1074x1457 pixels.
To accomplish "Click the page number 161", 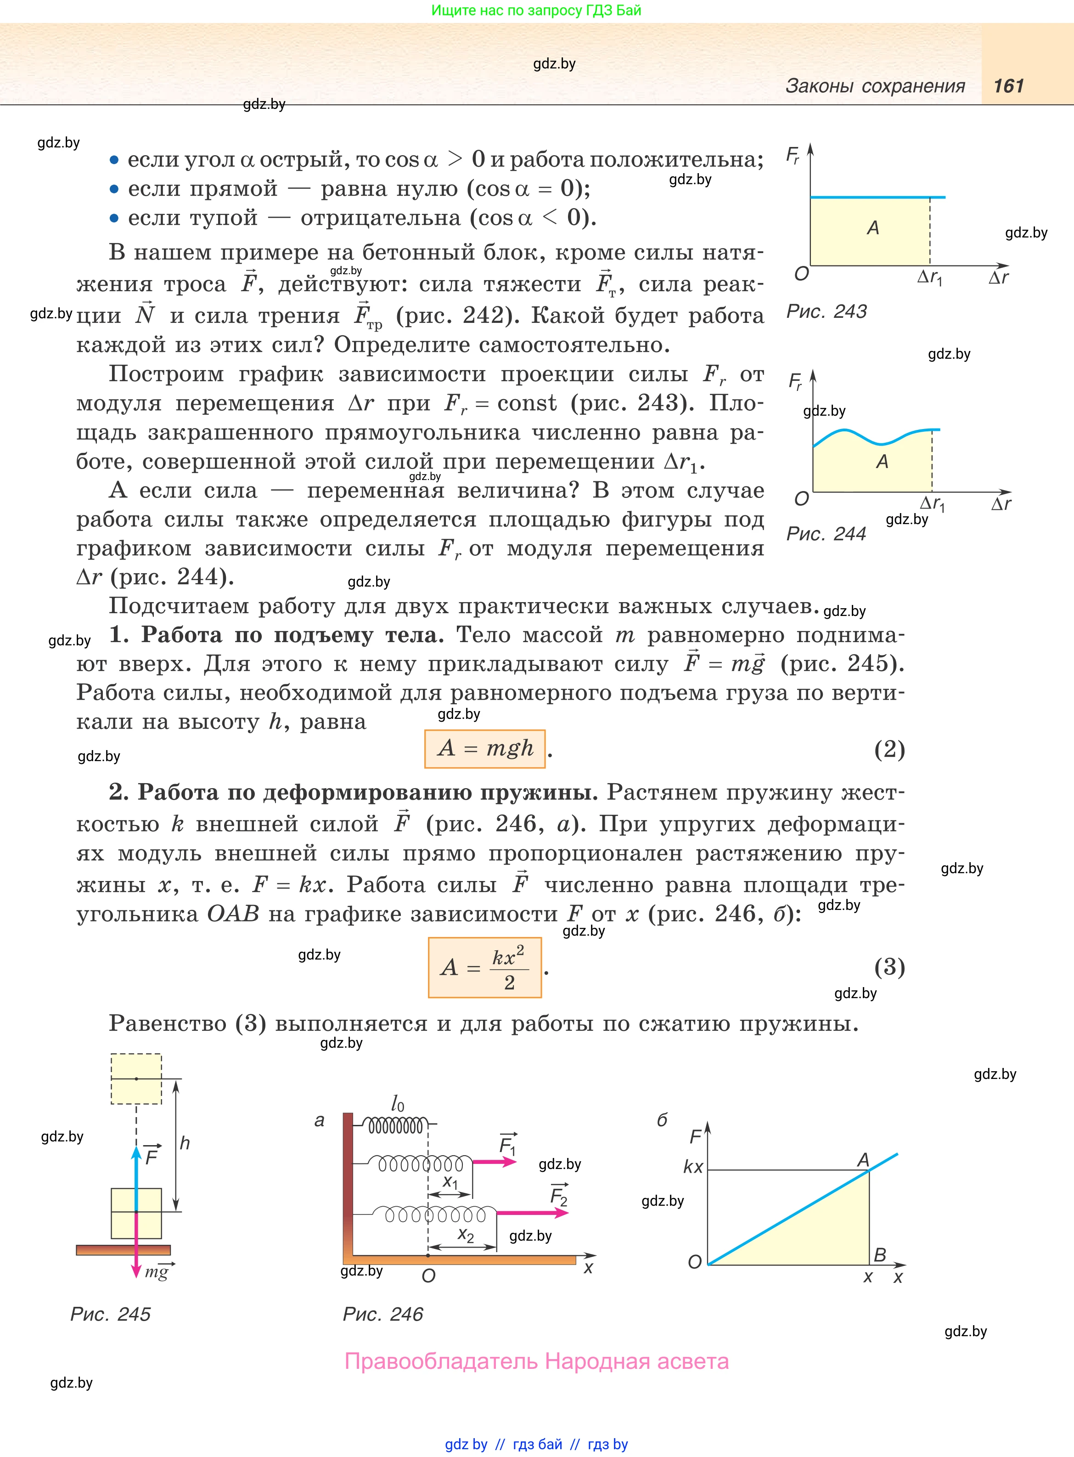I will pyautogui.click(x=1008, y=86).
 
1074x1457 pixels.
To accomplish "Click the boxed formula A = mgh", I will pyautogui.click(x=484, y=748).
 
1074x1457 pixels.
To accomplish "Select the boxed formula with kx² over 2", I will pyautogui.click(x=484, y=967).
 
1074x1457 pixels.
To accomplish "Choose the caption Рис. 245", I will pyautogui.click(x=111, y=1314).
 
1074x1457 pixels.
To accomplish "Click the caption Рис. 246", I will pyautogui.click(x=383, y=1314).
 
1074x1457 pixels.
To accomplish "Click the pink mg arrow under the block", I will pyautogui.click(x=136, y=1245).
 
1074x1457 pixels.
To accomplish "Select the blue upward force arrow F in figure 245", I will pyautogui.click(x=136, y=1177).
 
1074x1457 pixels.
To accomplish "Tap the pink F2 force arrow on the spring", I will pyautogui.click(x=532, y=1213).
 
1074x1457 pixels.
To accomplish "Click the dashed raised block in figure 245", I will pyautogui.click(x=136, y=1079).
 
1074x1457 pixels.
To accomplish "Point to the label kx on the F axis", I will pyautogui.click(x=693, y=1167).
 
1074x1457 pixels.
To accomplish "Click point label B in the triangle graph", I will pyautogui.click(x=880, y=1255).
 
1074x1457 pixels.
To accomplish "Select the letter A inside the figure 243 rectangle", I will pyautogui.click(x=873, y=227).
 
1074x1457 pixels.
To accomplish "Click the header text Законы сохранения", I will pyautogui.click(x=875, y=86).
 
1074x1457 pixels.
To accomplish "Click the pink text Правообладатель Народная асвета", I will pyautogui.click(x=536, y=1361).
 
